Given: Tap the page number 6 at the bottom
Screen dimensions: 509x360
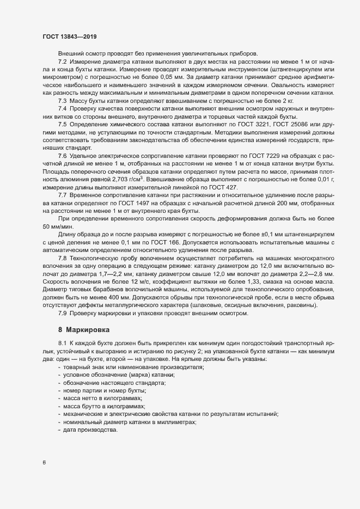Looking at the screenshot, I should coord(44,462).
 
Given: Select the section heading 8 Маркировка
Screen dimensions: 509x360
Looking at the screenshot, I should coord(84,330).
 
